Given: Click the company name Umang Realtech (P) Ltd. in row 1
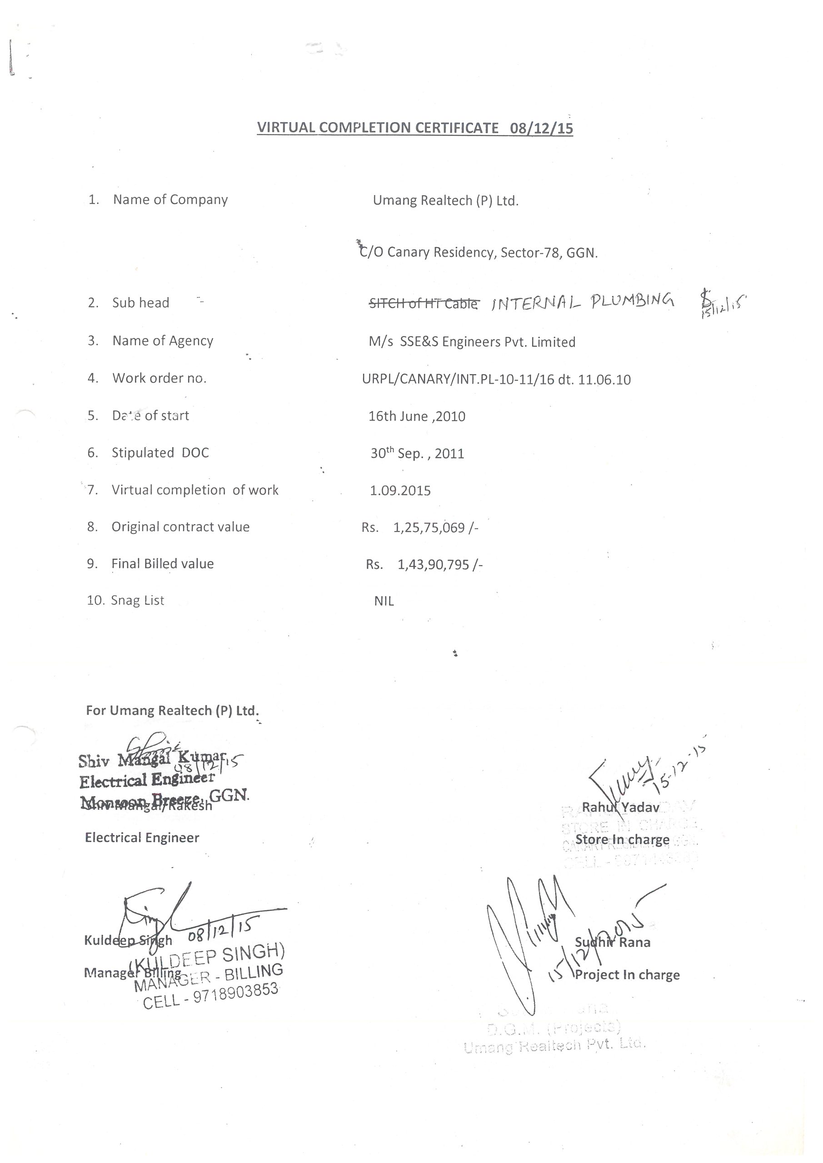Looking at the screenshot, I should pos(445,201).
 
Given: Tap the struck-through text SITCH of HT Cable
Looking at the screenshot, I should pos(423,304).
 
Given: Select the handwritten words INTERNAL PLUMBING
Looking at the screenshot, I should pos(583,302).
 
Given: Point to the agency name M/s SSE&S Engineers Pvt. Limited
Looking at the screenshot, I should pos(472,342).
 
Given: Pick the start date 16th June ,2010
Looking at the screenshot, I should pos(417,417).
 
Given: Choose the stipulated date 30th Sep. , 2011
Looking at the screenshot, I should pos(417,453).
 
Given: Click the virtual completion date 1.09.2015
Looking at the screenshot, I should pos(400,490).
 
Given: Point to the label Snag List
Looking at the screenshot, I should pos(137,601).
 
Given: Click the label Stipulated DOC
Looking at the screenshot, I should pos(160,453).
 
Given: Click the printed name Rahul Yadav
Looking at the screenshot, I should pos(620,807).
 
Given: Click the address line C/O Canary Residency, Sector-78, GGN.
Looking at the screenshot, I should pos(479,252).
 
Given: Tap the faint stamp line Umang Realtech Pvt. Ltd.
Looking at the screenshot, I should pos(554,1045).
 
